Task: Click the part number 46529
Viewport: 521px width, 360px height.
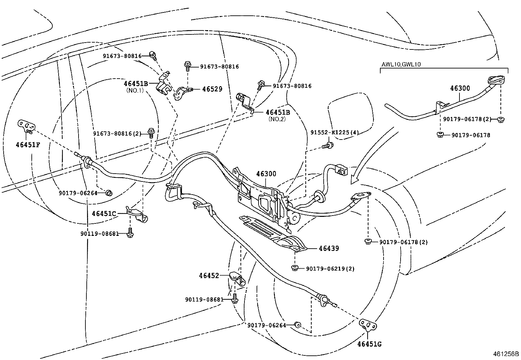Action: tap(212, 89)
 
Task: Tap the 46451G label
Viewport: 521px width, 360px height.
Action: tap(369, 344)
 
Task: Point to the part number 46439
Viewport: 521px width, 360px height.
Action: tap(329, 248)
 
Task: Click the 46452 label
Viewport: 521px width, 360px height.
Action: tap(209, 276)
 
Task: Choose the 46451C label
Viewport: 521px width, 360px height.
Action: tap(104, 214)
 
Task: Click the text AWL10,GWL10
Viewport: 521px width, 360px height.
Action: tap(401, 65)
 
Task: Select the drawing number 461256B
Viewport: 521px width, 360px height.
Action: tap(506, 354)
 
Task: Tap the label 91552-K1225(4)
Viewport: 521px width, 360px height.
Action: tap(334, 133)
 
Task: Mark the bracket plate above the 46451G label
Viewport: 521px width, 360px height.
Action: tap(368, 325)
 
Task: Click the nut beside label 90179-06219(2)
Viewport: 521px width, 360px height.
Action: tap(295, 268)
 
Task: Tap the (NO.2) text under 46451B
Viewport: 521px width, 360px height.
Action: tap(277, 119)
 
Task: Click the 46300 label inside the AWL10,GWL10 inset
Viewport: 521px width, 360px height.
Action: tap(460, 88)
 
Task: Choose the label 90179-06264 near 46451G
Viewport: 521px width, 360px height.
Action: tap(266, 325)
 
